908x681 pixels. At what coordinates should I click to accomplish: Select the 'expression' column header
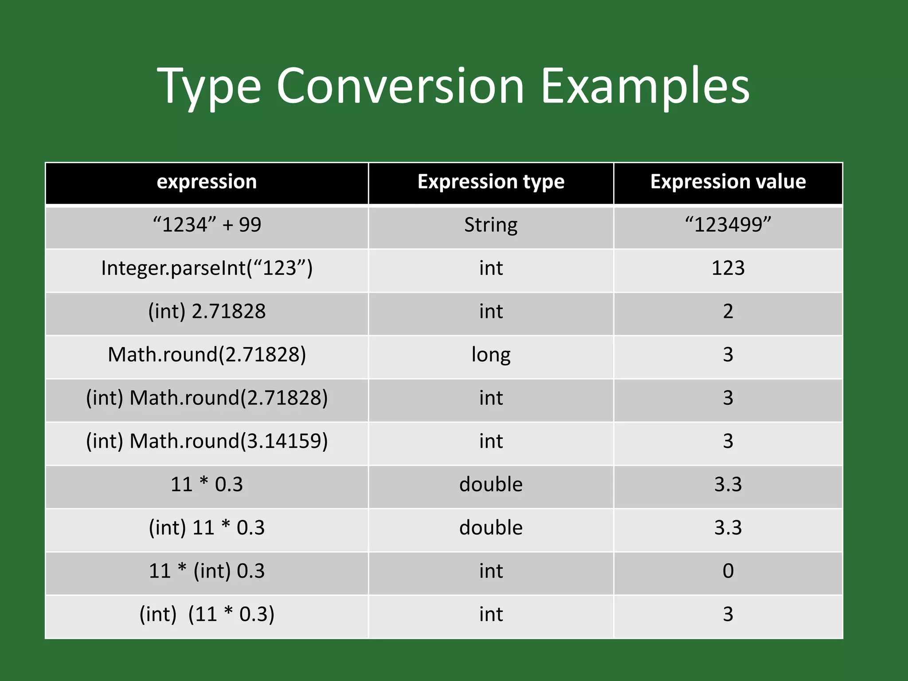point(207,182)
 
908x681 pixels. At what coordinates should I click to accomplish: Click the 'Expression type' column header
point(491,182)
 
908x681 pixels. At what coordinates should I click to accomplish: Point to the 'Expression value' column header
point(728,182)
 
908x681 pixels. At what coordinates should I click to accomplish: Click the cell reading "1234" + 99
point(207,225)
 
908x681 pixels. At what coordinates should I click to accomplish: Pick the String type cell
point(491,225)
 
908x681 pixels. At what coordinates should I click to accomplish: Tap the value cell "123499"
point(728,225)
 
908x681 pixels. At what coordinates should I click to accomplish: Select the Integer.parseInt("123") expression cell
point(207,268)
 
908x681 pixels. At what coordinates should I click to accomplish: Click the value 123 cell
point(728,268)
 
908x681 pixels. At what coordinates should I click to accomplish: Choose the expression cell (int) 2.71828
point(207,311)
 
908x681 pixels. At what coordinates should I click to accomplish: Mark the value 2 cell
point(728,311)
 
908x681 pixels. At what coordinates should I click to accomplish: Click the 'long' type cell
point(491,355)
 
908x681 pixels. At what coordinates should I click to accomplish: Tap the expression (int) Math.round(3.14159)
point(207,441)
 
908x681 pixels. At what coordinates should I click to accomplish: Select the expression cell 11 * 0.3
point(207,484)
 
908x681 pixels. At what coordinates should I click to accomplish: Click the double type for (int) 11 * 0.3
point(491,528)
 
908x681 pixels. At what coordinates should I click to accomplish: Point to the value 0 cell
point(728,571)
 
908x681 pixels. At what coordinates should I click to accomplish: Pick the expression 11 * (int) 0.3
point(207,571)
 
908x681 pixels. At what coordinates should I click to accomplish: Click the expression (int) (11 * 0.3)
point(207,614)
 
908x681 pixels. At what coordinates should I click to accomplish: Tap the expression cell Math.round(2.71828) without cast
point(207,355)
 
